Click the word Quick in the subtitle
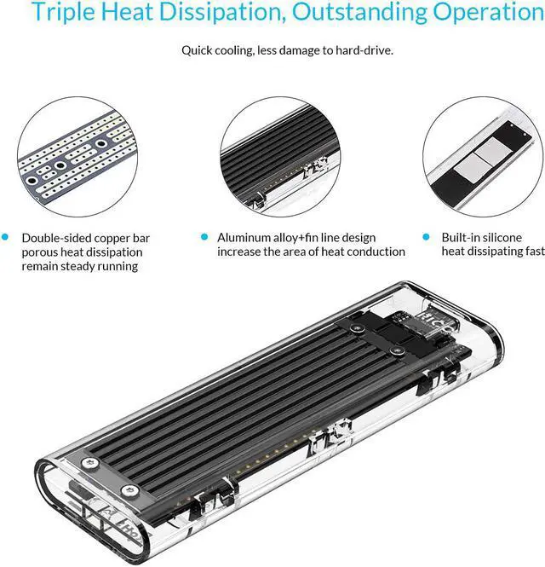point(198,50)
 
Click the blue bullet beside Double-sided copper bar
point(7,238)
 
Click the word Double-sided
point(56,238)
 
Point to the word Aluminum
point(246,238)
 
